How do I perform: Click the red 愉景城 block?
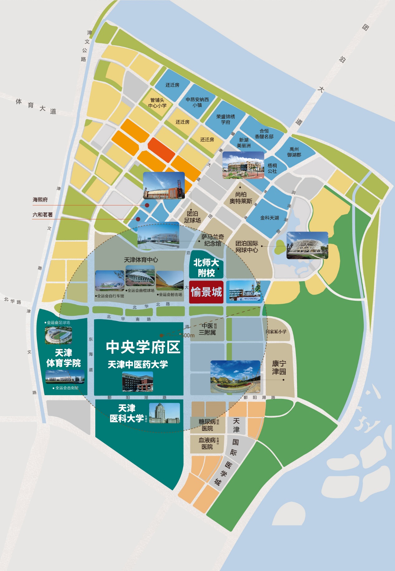tap(206, 292)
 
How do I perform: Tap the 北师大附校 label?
tap(206, 268)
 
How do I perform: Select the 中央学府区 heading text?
tap(143, 347)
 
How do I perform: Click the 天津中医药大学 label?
tap(138, 364)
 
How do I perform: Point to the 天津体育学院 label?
tap(64, 358)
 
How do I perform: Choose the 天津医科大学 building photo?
tap(164, 413)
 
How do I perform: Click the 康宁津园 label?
tap(279, 367)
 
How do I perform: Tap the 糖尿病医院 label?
tap(207, 425)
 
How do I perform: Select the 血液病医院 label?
tap(207, 443)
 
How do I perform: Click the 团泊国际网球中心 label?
tap(247, 247)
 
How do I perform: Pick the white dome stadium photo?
tap(307, 245)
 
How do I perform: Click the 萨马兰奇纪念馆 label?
tap(213, 240)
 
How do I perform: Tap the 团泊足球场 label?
tap(193, 217)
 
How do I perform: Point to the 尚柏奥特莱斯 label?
tap(241, 198)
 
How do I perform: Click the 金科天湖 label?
tap(269, 218)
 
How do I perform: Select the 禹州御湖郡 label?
tap(294, 152)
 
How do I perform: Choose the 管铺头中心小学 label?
tap(157, 103)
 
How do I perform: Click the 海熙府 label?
tap(40, 200)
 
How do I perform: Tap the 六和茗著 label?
tap(43, 215)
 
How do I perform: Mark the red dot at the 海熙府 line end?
tap(147, 205)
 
